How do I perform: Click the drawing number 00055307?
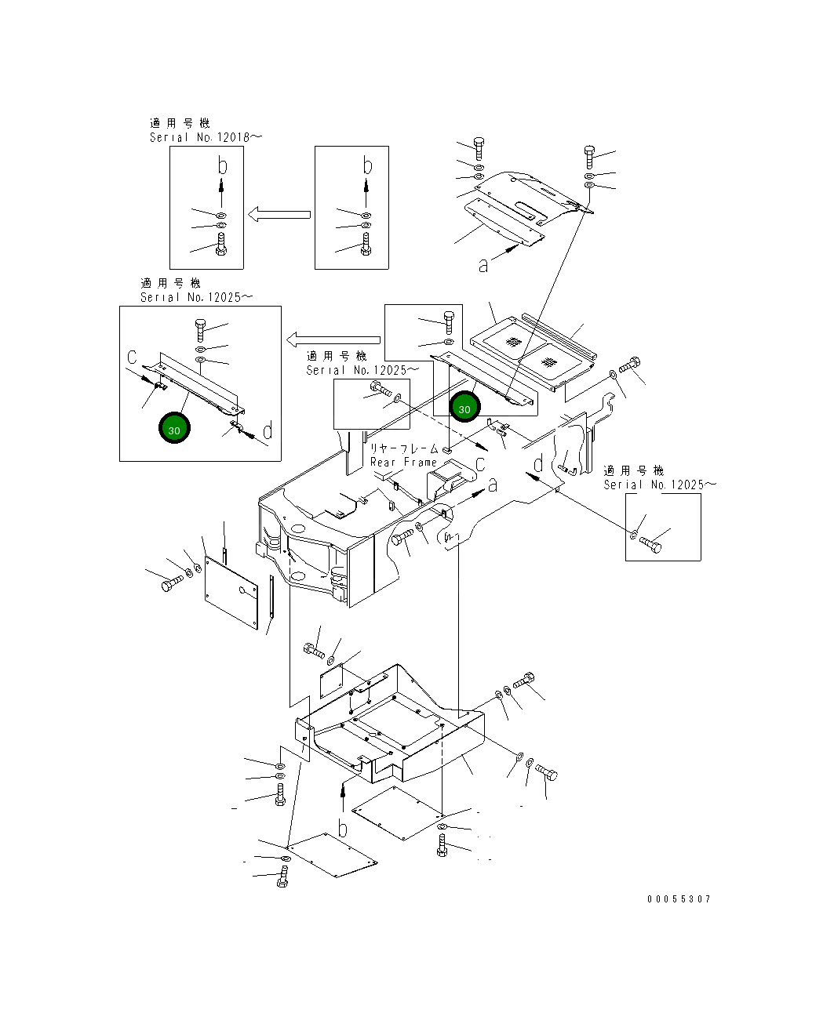[x=679, y=899]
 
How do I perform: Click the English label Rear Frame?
[x=403, y=463]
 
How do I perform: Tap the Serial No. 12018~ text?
[x=206, y=137]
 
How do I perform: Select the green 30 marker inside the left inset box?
[x=174, y=428]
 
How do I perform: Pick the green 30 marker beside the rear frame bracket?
[x=464, y=407]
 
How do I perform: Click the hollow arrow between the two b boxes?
[x=279, y=214]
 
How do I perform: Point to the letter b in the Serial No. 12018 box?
[x=222, y=165]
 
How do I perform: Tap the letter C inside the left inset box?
[x=132, y=358]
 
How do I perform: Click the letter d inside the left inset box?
[x=268, y=430]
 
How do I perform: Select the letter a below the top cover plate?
[x=483, y=266]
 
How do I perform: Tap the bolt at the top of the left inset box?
[x=200, y=330]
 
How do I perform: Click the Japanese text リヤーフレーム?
[x=404, y=448]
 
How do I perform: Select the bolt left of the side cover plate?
[x=172, y=583]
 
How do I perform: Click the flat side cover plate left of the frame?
[x=231, y=593]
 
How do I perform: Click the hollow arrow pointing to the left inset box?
[x=333, y=339]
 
